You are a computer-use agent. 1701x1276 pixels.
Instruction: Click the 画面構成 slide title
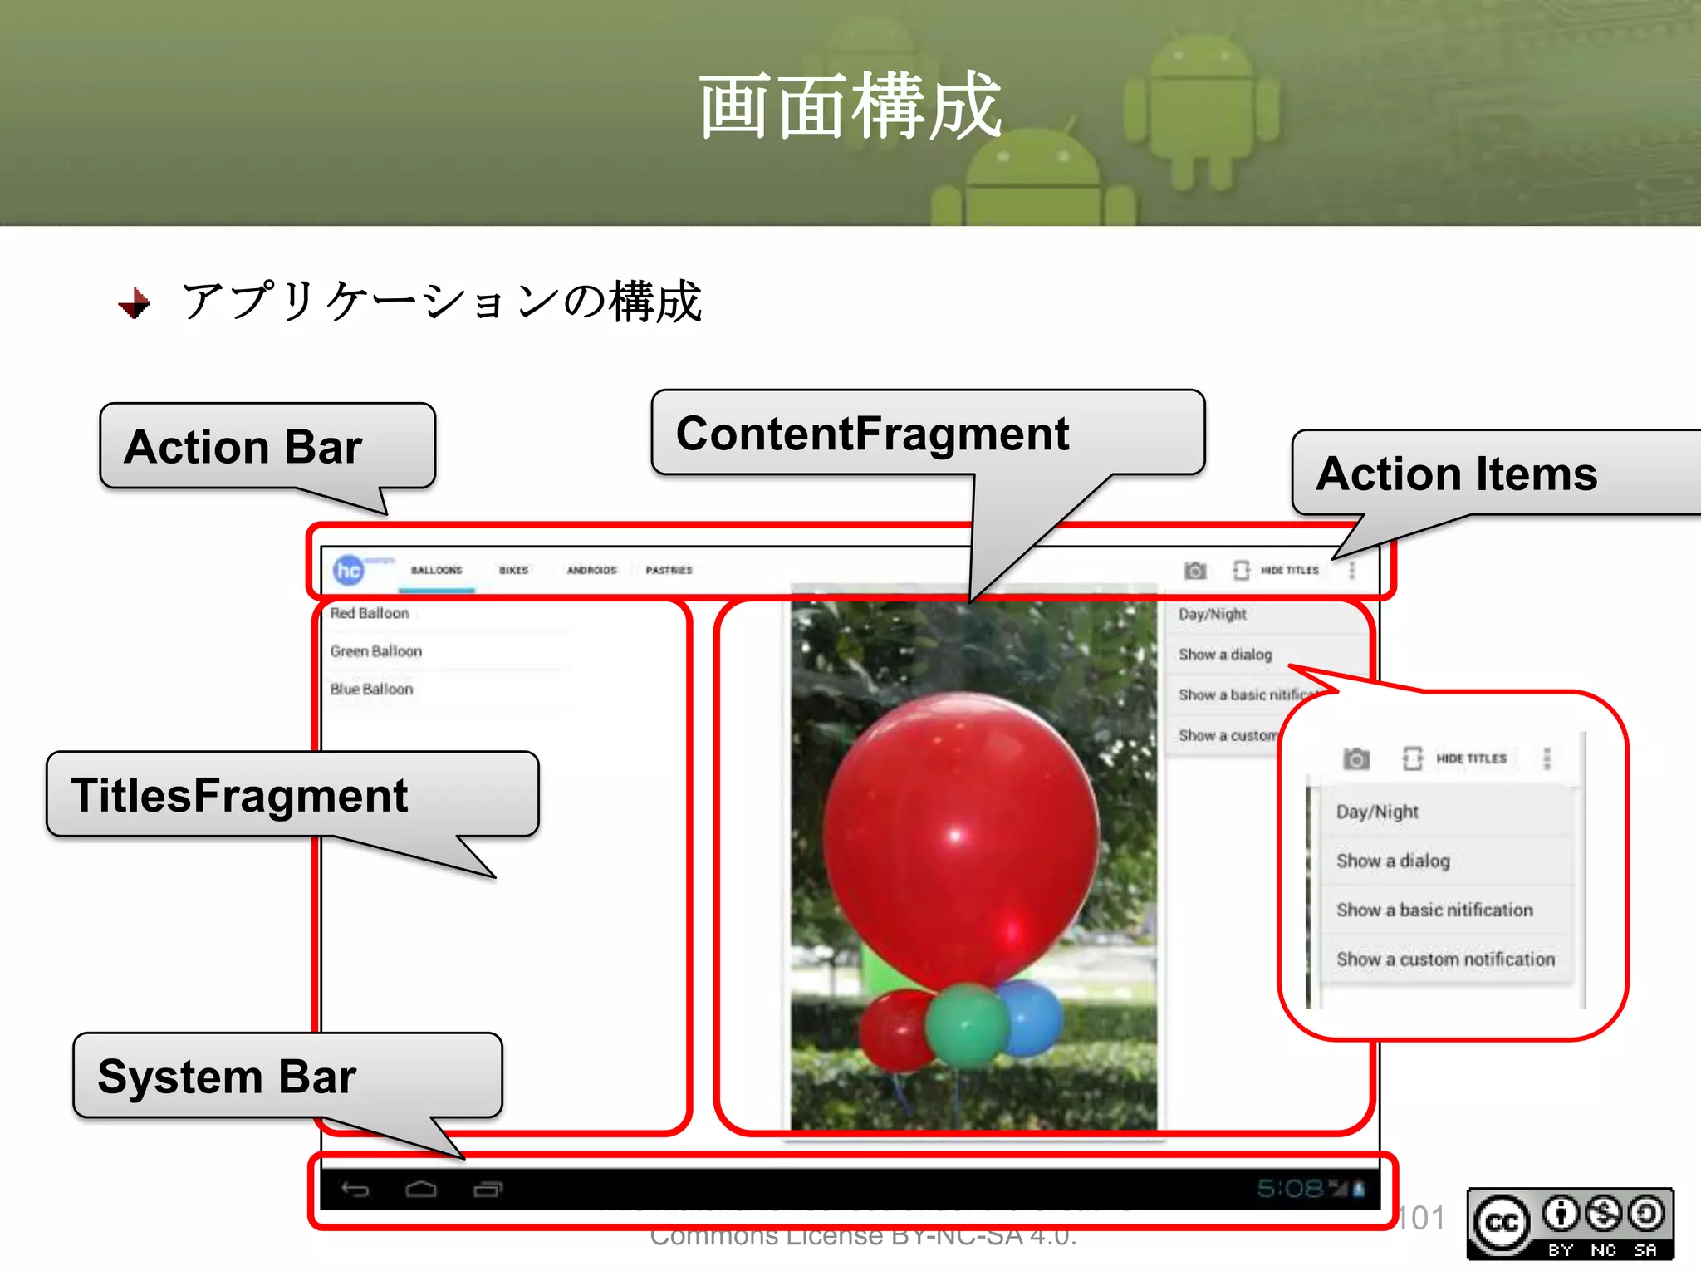(x=850, y=106)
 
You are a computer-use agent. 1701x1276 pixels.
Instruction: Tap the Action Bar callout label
(x=243, y=447)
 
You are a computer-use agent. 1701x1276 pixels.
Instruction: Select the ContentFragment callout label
(x=872, y=434)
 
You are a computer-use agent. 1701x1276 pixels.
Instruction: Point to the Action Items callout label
(x=1457, y=474)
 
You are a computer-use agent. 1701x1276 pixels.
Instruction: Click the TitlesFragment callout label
(x=239, y=795)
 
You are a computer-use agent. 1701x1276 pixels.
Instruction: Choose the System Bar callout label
(x=227, y=1077)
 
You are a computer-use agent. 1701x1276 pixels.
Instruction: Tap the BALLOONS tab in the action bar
(x=436, y=570)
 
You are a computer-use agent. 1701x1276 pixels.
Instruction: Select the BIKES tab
(x=513, y=570)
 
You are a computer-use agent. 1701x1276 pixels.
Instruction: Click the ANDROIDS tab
(x=591, y=570)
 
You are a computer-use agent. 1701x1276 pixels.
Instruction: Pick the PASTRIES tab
(x=669, y=570)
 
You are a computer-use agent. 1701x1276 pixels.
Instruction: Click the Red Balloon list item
(x=370, y=613)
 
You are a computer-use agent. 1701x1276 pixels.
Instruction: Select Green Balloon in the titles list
(x=375, y=651)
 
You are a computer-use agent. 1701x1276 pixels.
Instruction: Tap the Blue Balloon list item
(x=371, y=690)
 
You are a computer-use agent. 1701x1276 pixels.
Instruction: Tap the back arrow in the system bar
(x=355, y=1190)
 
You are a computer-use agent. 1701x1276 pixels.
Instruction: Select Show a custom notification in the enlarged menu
(x=1445, y=959)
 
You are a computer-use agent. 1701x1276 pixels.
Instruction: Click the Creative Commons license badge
(x=1570, y=1224)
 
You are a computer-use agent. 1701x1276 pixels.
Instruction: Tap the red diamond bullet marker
(x=135, y=302)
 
